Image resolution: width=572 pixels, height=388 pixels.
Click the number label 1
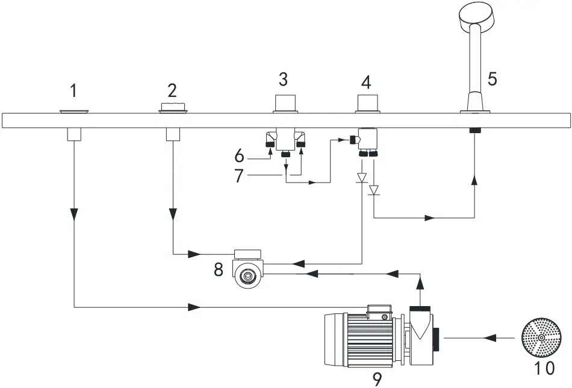coord(73,91)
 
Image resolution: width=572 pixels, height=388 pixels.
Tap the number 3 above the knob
coord(283,78)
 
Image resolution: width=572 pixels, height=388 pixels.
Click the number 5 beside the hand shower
coord(492,79)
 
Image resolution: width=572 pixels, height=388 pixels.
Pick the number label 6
coord(240,157)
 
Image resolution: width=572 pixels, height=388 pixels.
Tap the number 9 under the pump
coord(377,378)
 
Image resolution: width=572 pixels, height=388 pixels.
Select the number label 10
coord(542,367)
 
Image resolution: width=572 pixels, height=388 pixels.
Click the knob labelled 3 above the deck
coord(287,103)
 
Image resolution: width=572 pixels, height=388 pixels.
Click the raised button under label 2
coord(173,107)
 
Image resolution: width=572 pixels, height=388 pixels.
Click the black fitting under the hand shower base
coord(475,130)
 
